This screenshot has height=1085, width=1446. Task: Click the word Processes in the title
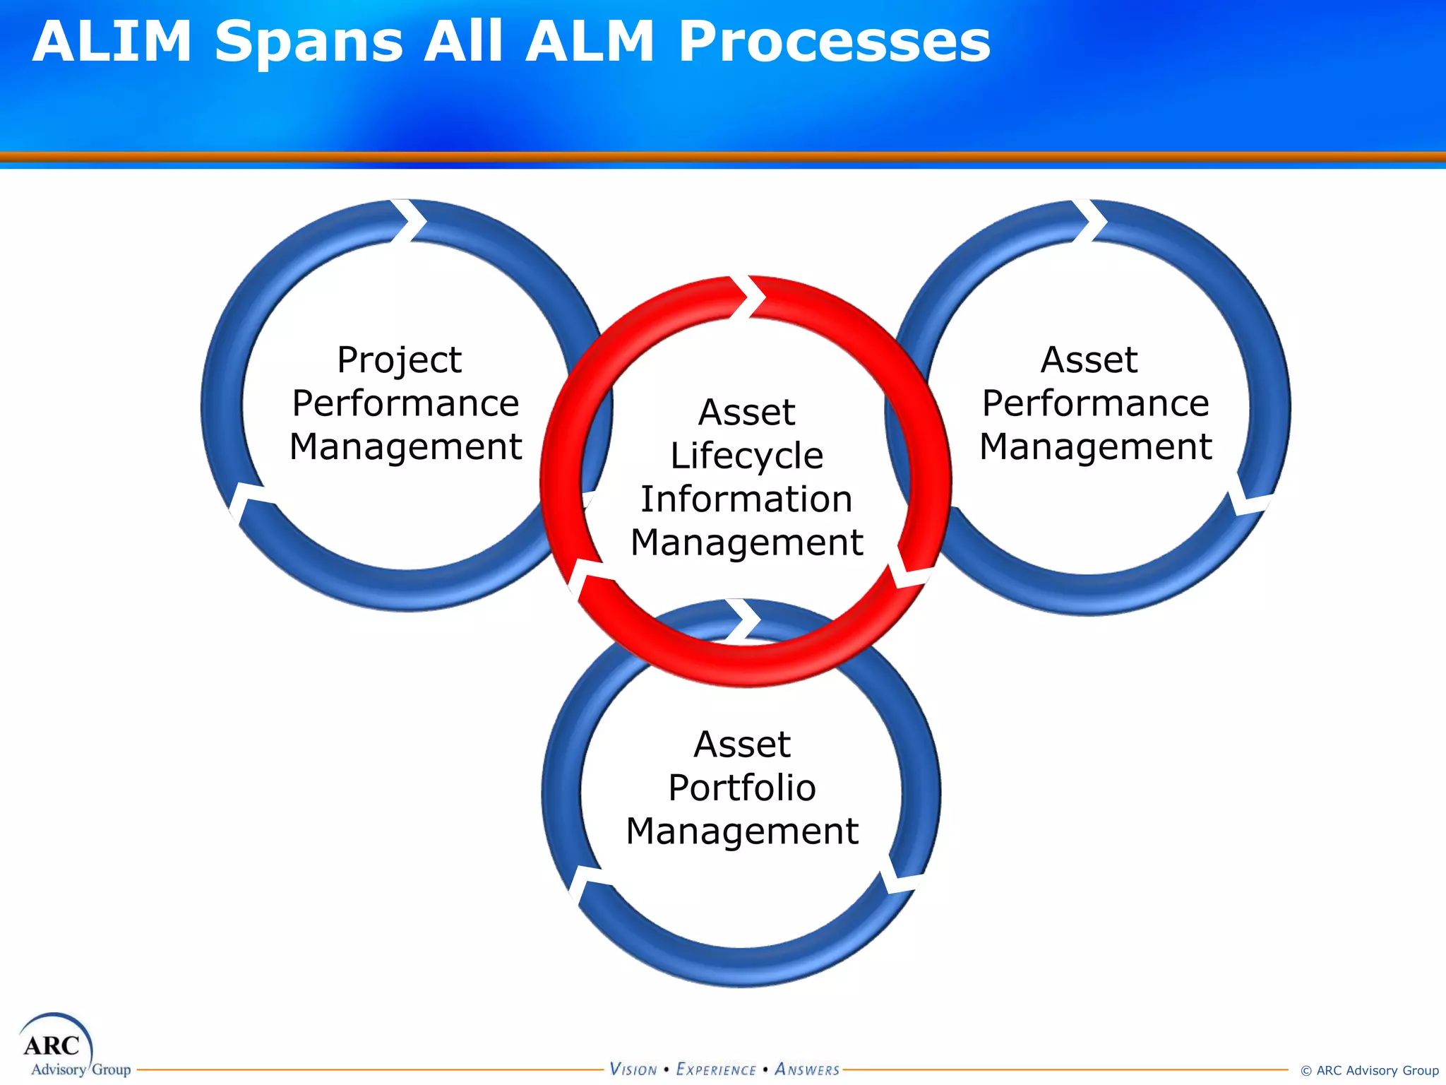pos(834,42)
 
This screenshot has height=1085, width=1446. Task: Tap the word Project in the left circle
pos(399,360)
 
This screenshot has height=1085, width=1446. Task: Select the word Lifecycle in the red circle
pos(746,456)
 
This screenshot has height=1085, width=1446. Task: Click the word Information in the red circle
pos(746,499)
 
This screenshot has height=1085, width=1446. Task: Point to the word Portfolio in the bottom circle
pos(742,788)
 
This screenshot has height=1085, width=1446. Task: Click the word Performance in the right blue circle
pos(1095,403)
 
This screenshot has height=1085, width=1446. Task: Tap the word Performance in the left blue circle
pos(405,403)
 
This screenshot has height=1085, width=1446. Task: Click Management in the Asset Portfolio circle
pos(742,831)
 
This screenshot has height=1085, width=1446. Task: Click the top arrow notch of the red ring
pos(748,297)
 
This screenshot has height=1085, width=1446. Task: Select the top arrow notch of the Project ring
pos(410,221)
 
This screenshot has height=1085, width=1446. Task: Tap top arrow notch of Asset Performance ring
pos(1090,221)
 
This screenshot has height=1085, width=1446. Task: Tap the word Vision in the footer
pos(633,1069)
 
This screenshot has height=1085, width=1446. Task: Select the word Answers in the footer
pos(807,1069)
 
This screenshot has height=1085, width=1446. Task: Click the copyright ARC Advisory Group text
pos(1369,1070)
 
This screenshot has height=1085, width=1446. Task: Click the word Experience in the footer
pos(716,1069)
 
